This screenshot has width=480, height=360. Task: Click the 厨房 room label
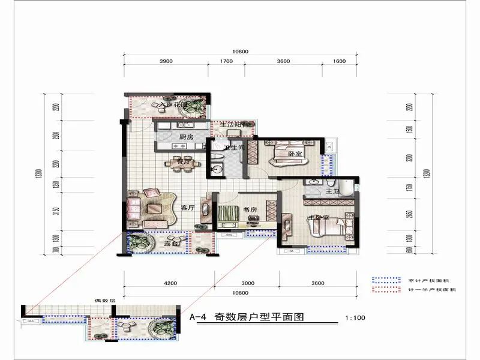[x=186, y=137]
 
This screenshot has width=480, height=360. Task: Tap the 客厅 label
[x=188, y=208]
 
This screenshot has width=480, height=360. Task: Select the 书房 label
[x=250, y=209]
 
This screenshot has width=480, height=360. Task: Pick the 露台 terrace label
[x=172, y=245]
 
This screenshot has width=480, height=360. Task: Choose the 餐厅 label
[x=181, y=161]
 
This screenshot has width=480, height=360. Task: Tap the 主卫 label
[x=332, y=191]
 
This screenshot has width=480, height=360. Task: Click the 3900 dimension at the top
[x=166, y=62]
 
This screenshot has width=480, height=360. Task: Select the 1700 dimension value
[x=226, y=62]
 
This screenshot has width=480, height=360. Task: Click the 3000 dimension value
[x=248, y=283]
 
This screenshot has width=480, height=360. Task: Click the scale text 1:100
[x=356, y=319]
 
